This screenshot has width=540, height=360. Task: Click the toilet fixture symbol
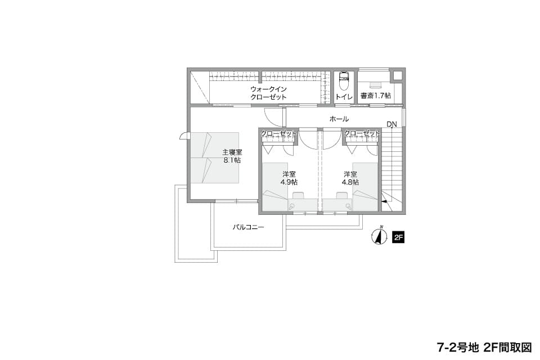(x=344, y=80)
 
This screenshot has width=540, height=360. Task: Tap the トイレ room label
(x=344, y=97)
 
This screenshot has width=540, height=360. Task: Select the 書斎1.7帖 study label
(x=375, y=96)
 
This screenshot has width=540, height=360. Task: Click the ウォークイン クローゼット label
(x=269, y=93)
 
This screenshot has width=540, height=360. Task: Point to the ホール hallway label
(x=339, y=119)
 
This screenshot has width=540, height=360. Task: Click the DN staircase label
(x=391, y=124)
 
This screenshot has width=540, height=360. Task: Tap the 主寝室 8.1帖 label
(x=232, y=156)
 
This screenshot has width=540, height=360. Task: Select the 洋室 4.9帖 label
(x=289, y=178)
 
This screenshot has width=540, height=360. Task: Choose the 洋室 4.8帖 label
(x=350, y=178)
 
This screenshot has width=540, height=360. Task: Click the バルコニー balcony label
(x=248, y=227)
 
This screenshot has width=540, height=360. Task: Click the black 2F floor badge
(x=398, y=237)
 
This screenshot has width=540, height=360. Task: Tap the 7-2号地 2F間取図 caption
(x=484, y=348)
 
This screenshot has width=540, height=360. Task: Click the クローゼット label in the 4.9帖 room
(x=278, y=133)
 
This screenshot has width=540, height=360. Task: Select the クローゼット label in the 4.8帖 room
(x=362, y=133)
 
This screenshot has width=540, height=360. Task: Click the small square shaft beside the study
(x=398, y=76)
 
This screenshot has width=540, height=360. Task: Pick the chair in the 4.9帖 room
(x=298, y=195)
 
